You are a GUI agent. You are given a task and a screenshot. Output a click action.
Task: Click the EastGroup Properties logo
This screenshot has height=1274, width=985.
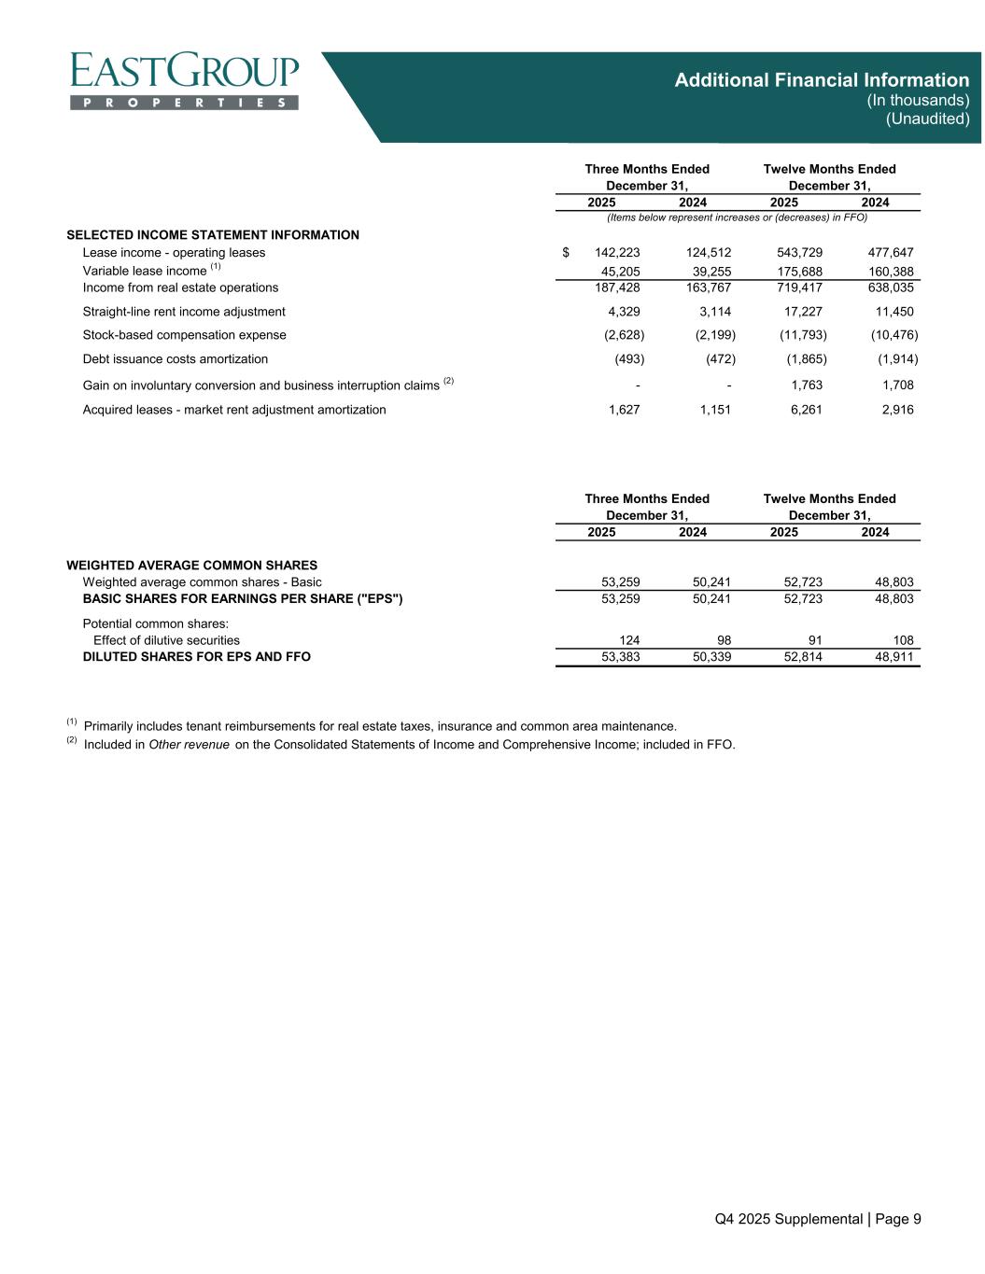click(x=185, y=81)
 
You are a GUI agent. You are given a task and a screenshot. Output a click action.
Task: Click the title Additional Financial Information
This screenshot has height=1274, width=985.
click(x=822, y=80)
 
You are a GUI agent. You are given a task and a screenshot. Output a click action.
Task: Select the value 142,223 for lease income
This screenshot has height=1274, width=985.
click(x=616, y=252)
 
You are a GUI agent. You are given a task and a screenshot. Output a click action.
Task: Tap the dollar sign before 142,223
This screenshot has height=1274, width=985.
click(x=566, y=252)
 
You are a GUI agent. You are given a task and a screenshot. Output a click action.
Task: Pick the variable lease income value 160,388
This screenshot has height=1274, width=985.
click(x=890, y=271)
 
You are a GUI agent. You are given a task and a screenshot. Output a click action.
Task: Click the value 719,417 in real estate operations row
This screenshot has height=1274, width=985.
click(x=799, y=287)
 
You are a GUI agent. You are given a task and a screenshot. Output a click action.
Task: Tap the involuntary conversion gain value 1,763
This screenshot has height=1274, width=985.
click(x=806, y=385)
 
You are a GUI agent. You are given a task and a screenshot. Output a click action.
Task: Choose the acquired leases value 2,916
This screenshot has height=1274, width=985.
click(x=897, y=409)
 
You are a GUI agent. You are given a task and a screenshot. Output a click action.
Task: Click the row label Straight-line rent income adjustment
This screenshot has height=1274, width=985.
click(x=184, y=312)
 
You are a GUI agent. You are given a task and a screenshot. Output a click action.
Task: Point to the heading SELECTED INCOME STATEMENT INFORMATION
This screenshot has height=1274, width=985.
click(x=213, y=234)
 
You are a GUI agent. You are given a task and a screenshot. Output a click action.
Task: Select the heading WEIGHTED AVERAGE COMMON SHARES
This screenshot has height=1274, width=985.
click(x=192, y=565)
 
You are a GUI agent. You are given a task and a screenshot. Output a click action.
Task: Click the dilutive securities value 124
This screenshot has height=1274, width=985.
click(x=629, y=640)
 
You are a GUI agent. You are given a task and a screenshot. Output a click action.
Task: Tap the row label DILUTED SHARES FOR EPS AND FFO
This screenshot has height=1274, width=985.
click(x=197, y=657)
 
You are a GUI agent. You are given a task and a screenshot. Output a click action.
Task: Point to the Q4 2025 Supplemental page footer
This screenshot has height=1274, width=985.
click(x=818, y=1218)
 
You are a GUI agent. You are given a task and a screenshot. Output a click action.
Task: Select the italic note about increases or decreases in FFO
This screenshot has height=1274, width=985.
click(x=737, y=217)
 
